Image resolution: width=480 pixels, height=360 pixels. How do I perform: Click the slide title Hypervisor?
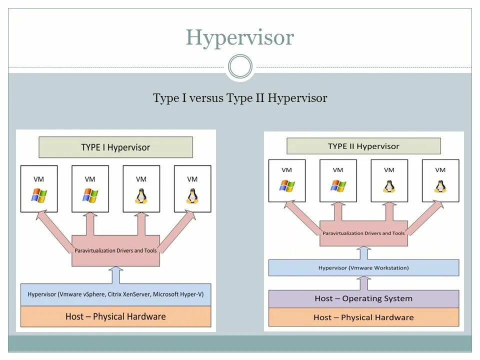[239, 37]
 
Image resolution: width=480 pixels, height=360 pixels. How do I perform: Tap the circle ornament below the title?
[240, 67]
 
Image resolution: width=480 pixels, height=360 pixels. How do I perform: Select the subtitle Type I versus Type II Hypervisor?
[240, 98]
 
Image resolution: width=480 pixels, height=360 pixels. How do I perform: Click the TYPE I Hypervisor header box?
[115, 147]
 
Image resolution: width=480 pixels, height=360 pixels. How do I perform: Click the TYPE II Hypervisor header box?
[363, 146]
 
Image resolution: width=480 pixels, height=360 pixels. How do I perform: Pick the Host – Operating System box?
[363, 298]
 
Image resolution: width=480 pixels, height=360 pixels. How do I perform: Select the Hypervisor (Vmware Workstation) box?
[363, 268]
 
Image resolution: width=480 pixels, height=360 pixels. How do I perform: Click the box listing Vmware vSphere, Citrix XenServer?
[115, 294]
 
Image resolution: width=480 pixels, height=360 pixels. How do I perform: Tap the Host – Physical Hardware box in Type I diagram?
[115, 316]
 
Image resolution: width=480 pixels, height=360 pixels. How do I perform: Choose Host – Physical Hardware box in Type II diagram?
[363, 317]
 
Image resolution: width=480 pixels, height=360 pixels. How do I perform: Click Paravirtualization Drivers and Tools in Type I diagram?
[116, 250]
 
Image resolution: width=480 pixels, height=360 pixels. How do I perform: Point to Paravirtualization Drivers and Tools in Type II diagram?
[363, 233]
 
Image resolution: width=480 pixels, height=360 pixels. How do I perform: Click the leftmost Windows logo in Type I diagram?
[38, 195]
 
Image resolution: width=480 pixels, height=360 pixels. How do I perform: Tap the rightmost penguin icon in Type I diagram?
[192, 195]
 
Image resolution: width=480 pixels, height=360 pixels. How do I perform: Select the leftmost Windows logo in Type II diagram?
[287, 186]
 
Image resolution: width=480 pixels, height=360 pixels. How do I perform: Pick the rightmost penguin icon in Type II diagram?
[440, 186]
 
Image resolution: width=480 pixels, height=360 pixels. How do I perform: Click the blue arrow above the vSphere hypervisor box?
[115, 275]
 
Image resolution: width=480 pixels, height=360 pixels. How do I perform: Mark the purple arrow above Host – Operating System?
[363, 282]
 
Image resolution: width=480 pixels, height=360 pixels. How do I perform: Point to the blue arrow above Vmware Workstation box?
[363, 252]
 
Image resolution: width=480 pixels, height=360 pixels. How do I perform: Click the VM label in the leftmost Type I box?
[38, 179]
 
